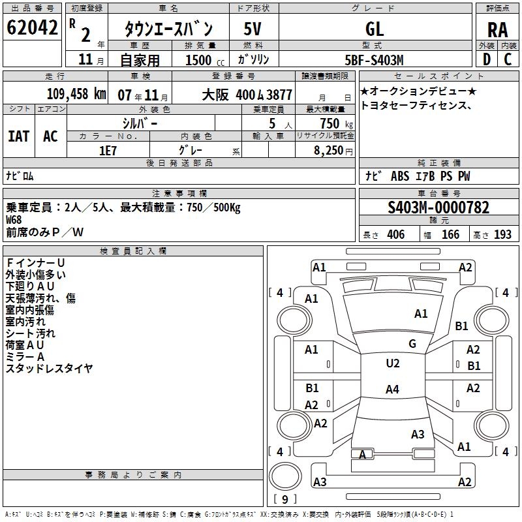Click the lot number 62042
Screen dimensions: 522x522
tap(32, 27)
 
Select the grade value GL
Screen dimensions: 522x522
tap(375, 29)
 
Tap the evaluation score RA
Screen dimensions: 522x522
tap(498, 30)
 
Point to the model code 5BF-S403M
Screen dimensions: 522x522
tap(374, 60)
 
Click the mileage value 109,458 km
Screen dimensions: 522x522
tap(76, 94)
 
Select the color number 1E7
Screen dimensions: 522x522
tap(108, 151)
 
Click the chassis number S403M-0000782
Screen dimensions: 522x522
tap(438, 207)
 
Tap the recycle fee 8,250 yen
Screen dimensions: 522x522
tap(333, 151)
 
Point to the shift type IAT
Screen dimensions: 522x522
tap(19, 136)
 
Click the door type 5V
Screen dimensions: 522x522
tap(253, 29)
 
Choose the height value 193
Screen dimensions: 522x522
tap(502, 234)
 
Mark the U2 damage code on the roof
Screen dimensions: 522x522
tap(393, 363)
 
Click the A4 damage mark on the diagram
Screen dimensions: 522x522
tap(393, 389)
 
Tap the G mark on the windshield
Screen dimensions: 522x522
tap(412, 344)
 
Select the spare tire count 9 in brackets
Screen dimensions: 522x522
tap(285, 499)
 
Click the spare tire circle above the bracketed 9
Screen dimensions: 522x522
tap(285, 477)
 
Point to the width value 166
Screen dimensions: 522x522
tap(450, 234)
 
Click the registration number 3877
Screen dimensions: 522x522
tap(279, 95)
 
